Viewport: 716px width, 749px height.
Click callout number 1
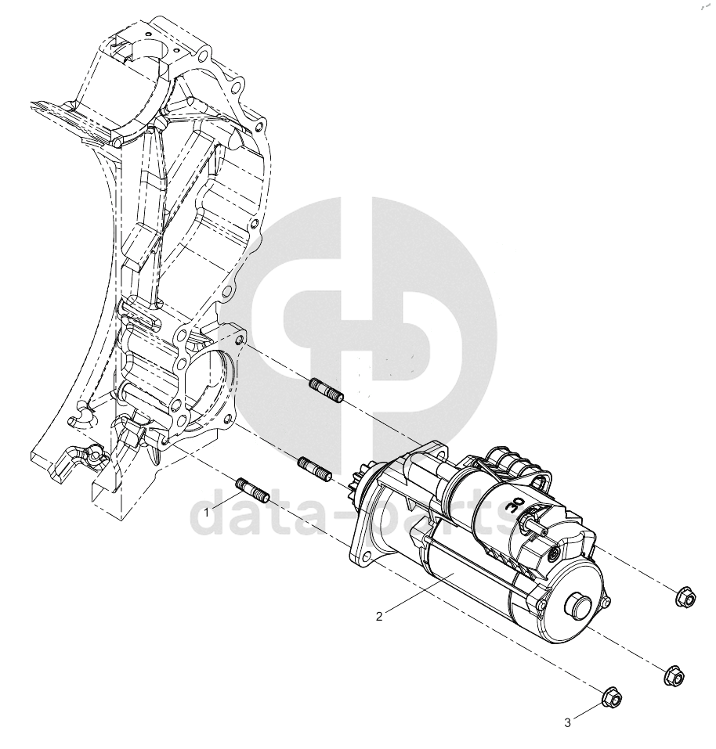(207, 513)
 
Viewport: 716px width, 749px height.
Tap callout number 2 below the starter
(379, 617)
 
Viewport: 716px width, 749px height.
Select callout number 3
(567, 723)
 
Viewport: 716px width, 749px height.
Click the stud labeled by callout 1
(253, 491)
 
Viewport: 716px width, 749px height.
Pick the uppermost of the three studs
(327, 391)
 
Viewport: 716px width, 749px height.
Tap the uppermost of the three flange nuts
(686, 596)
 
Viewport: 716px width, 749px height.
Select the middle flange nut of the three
(674, 675)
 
